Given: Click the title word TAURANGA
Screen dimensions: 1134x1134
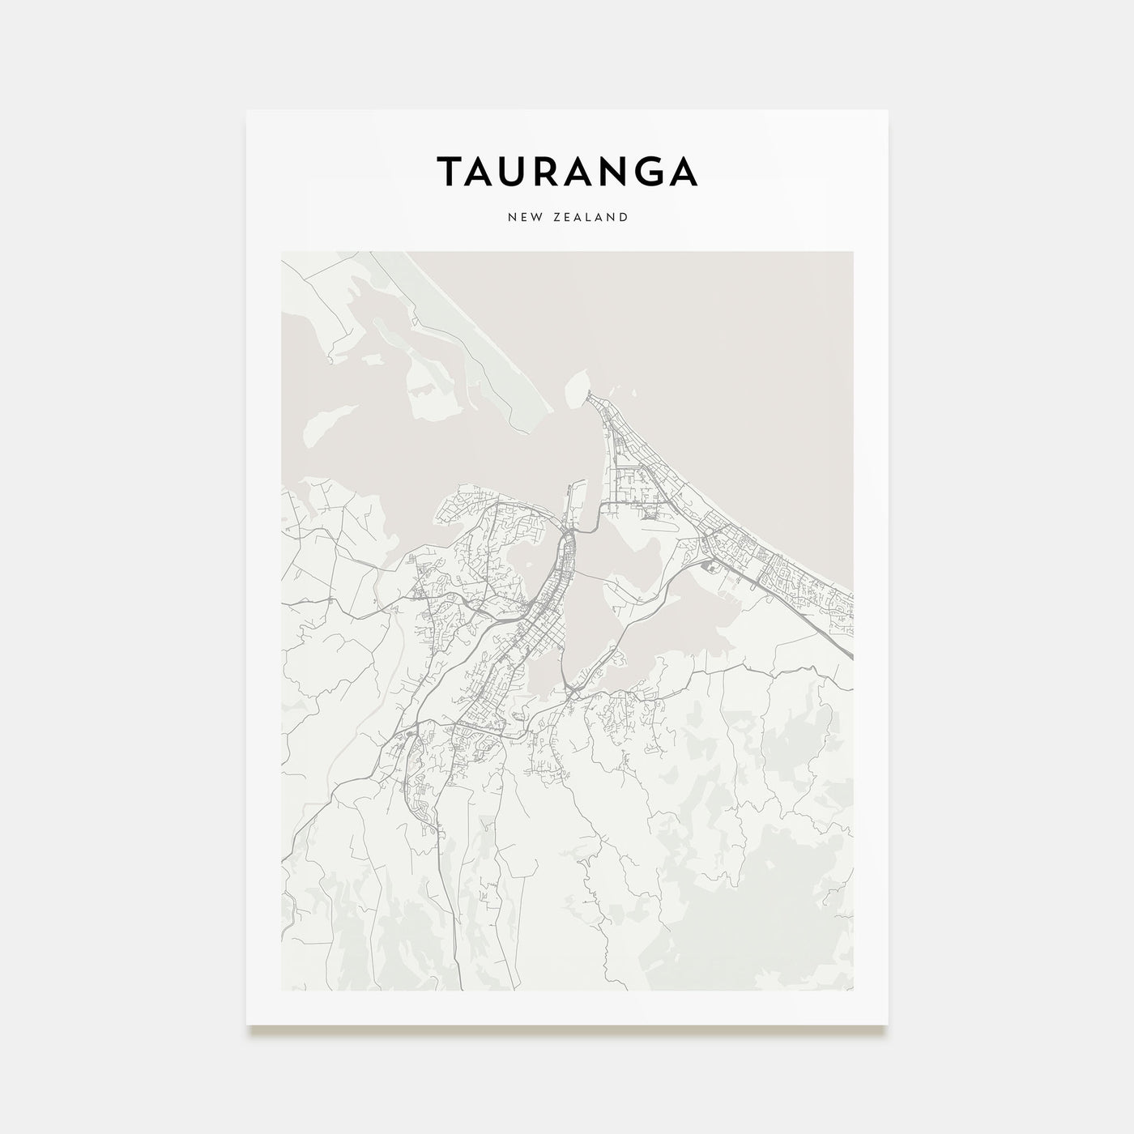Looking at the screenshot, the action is click(567, 172).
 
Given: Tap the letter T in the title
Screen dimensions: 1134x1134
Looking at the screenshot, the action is click(450, 172).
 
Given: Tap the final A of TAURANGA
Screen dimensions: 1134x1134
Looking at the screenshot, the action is click(682, 172).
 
